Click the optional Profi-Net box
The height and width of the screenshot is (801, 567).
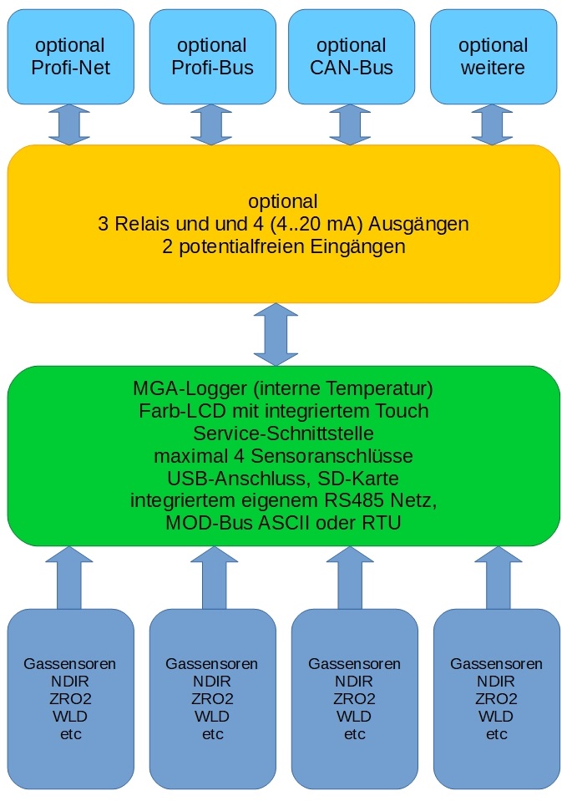[x=70, y=57]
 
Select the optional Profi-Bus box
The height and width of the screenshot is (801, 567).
[x=212, y=57]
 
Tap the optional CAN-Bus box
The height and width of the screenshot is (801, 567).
[x=352, y=57]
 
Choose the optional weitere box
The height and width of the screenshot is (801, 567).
[x=494, y=57]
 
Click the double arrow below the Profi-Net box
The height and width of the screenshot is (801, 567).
[x=69, y=124]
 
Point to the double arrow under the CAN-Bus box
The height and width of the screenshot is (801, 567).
[x=351, y=124]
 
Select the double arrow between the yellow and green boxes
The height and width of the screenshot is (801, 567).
[x=276, y=335]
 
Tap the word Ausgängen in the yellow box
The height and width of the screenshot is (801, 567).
[x=419, y=225]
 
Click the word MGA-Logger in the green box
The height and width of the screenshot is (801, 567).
[x=190, y=389]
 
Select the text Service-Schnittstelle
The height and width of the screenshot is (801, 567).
[x=284, y=433]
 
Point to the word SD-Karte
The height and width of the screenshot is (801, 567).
[x=358, y=478]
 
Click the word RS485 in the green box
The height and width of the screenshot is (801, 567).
[x=354, y=500]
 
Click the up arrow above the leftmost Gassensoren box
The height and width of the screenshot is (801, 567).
[x=69, y=578]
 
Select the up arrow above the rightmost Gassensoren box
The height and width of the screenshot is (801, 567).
[x=498, y=578]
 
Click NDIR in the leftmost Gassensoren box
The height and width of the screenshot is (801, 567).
[x=70, y=682]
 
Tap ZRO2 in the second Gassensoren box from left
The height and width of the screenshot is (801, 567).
[x=212, y=699]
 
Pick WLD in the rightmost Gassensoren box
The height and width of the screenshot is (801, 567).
[x=496, y=716]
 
